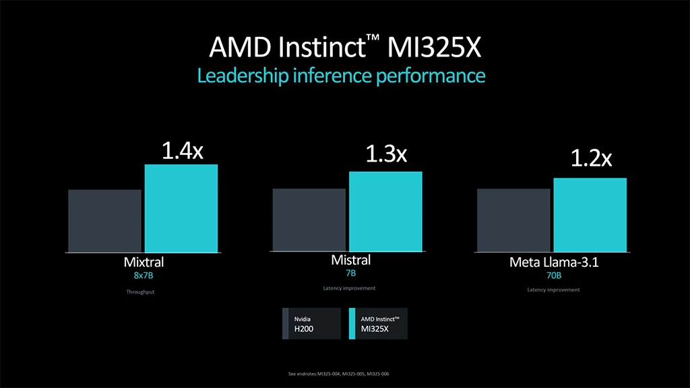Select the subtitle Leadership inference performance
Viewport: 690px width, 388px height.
(341, 75)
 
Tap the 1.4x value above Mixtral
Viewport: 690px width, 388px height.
(182, 150)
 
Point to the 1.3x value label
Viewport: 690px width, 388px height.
(386, 155)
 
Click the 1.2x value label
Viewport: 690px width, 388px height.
(591, 159)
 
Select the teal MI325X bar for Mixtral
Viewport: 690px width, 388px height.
(181, 208)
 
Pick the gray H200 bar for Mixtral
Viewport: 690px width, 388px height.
(104, 221)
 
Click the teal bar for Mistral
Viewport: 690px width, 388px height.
(385, 212)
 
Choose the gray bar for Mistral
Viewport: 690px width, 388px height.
(309, 220)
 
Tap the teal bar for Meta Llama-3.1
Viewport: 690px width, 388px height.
(590, 215)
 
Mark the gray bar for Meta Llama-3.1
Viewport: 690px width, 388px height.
(513, 220)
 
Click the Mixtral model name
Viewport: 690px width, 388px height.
(144, 262)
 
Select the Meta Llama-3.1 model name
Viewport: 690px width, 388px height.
(553, 263)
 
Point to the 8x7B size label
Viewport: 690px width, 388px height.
(144, 276)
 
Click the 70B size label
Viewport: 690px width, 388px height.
(553, 276)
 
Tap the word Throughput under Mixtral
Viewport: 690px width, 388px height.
(140, 292)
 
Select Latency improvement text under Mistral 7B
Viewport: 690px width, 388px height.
(349, 288)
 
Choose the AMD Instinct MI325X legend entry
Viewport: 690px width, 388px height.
(379, 323)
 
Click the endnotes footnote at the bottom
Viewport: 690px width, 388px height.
(343, 374)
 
